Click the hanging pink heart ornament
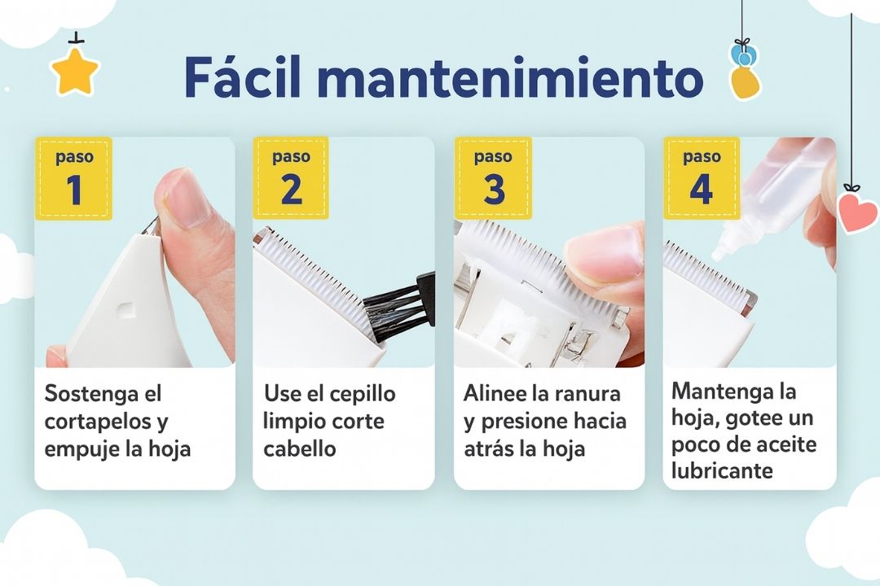pos(856,212)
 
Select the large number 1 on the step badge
pos(74,189)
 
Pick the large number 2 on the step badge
pos(291,189)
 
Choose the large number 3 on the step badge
pos(493,189)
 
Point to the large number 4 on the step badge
pos(701,189)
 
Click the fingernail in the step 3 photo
pos(607,251)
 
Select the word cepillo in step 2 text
pos(366,394)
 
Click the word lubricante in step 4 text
pos(722,470)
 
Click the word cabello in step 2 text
pos(299,448)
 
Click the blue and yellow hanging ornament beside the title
pos(745,70)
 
